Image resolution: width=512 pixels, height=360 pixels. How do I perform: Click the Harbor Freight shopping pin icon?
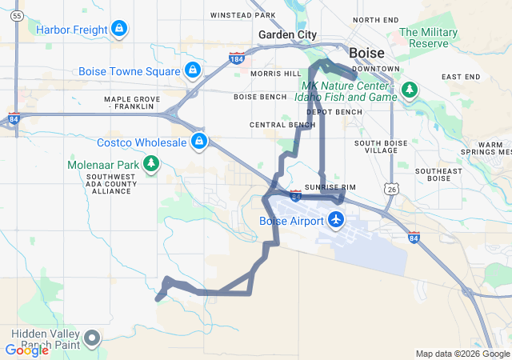tap(119, 30)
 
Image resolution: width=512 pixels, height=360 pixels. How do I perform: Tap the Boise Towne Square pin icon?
tap(192, 70)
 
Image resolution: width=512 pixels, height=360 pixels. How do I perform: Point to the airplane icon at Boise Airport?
tap(336, 218)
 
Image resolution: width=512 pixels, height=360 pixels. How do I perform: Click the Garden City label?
tap(287, 35)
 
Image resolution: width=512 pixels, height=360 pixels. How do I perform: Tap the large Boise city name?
tap(367, 53)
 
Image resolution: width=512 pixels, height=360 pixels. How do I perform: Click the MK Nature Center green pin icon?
tap(409, 89)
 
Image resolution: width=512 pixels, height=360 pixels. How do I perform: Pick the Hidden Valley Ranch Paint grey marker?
tap(93, 338)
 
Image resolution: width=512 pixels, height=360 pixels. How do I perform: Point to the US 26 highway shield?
tap(390, 188)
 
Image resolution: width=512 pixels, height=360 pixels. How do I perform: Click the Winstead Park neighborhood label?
tap(242, 15)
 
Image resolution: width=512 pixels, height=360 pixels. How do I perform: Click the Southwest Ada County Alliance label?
tap(110, 183)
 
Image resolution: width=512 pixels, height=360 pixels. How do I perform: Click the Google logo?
tap(26, 350)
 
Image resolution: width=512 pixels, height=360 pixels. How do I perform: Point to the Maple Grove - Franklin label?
tap(132, 102)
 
